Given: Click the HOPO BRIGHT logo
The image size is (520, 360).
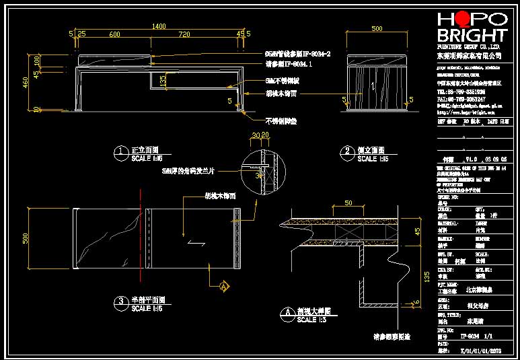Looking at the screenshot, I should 472,27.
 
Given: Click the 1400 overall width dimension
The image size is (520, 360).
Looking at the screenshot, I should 159,26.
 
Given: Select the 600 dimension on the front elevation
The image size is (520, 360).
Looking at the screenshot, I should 114,34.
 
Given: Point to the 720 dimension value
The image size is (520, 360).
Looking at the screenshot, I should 184,34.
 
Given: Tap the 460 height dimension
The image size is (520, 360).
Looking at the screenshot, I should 26,83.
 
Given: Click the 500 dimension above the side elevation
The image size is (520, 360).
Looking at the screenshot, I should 377,29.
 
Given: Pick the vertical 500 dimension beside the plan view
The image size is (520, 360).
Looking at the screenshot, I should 26,238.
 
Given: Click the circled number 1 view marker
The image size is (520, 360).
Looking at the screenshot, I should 120,151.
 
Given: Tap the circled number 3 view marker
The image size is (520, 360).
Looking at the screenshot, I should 120,301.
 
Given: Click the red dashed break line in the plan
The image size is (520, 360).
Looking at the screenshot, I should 140,236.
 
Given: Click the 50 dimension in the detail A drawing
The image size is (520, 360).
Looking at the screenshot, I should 348,203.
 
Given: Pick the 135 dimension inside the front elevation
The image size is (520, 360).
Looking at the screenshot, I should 163,79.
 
